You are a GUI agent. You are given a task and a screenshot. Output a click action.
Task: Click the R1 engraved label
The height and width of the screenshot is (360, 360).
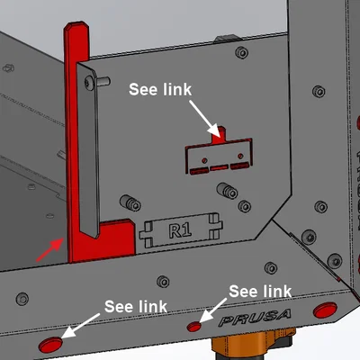click(x=180, y=230)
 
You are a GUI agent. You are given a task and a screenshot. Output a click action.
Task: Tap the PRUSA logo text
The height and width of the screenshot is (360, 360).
click(x=255, y=318)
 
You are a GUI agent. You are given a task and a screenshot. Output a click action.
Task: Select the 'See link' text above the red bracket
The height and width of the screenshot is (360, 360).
click(x=160, y=89)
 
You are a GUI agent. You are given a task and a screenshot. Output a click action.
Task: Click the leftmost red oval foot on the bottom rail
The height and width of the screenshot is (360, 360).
click(x=50, y=345)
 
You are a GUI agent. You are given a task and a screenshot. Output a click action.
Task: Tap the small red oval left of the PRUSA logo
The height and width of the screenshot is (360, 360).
click(x=194, y=327)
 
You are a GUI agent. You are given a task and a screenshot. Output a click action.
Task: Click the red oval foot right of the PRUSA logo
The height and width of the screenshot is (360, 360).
click(x=325, y=310)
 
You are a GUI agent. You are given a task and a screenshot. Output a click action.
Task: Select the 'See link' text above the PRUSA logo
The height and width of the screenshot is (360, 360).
click(x=260, y=291)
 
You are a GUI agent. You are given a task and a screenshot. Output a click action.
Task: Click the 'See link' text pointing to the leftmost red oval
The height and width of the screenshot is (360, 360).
click(x=136, y=306)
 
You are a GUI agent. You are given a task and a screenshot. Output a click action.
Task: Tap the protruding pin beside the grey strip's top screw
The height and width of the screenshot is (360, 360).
click(x=103, y=81)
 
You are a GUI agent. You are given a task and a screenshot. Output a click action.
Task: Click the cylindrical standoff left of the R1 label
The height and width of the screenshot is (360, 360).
click(x=130, y=202)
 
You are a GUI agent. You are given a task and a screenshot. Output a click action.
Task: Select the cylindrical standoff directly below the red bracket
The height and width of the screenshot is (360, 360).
click(x=228, y=190)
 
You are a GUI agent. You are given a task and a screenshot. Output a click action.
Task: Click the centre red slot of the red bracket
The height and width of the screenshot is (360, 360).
click(x=219, y=168)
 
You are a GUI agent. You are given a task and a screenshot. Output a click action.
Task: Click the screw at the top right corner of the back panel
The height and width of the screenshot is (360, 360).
click(x=242, y=53)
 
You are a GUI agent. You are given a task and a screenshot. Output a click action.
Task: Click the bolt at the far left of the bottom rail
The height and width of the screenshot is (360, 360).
click(x=22, y=299)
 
